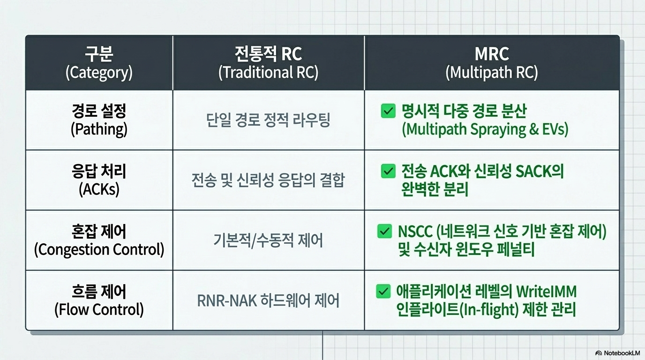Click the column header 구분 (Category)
[99, 63]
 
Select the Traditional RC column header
[269, 63]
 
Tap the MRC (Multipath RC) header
[492, 63]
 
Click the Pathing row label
[99, 120]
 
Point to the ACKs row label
[99, 180]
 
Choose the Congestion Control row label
[99, 240]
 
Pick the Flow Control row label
[99, 300]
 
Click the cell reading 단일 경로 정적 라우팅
[268, 120]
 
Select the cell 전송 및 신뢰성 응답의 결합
[268, 180]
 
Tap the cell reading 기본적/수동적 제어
[268, 240]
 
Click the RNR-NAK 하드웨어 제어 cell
[268, 300]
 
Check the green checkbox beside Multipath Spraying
[388, 111]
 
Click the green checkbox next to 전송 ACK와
[388, 171]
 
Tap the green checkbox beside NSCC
[384, 231]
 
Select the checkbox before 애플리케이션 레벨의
[383, 292]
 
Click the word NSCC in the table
[415, 232]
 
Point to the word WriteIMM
[547, 292]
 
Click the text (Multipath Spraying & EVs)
[485, 129]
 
